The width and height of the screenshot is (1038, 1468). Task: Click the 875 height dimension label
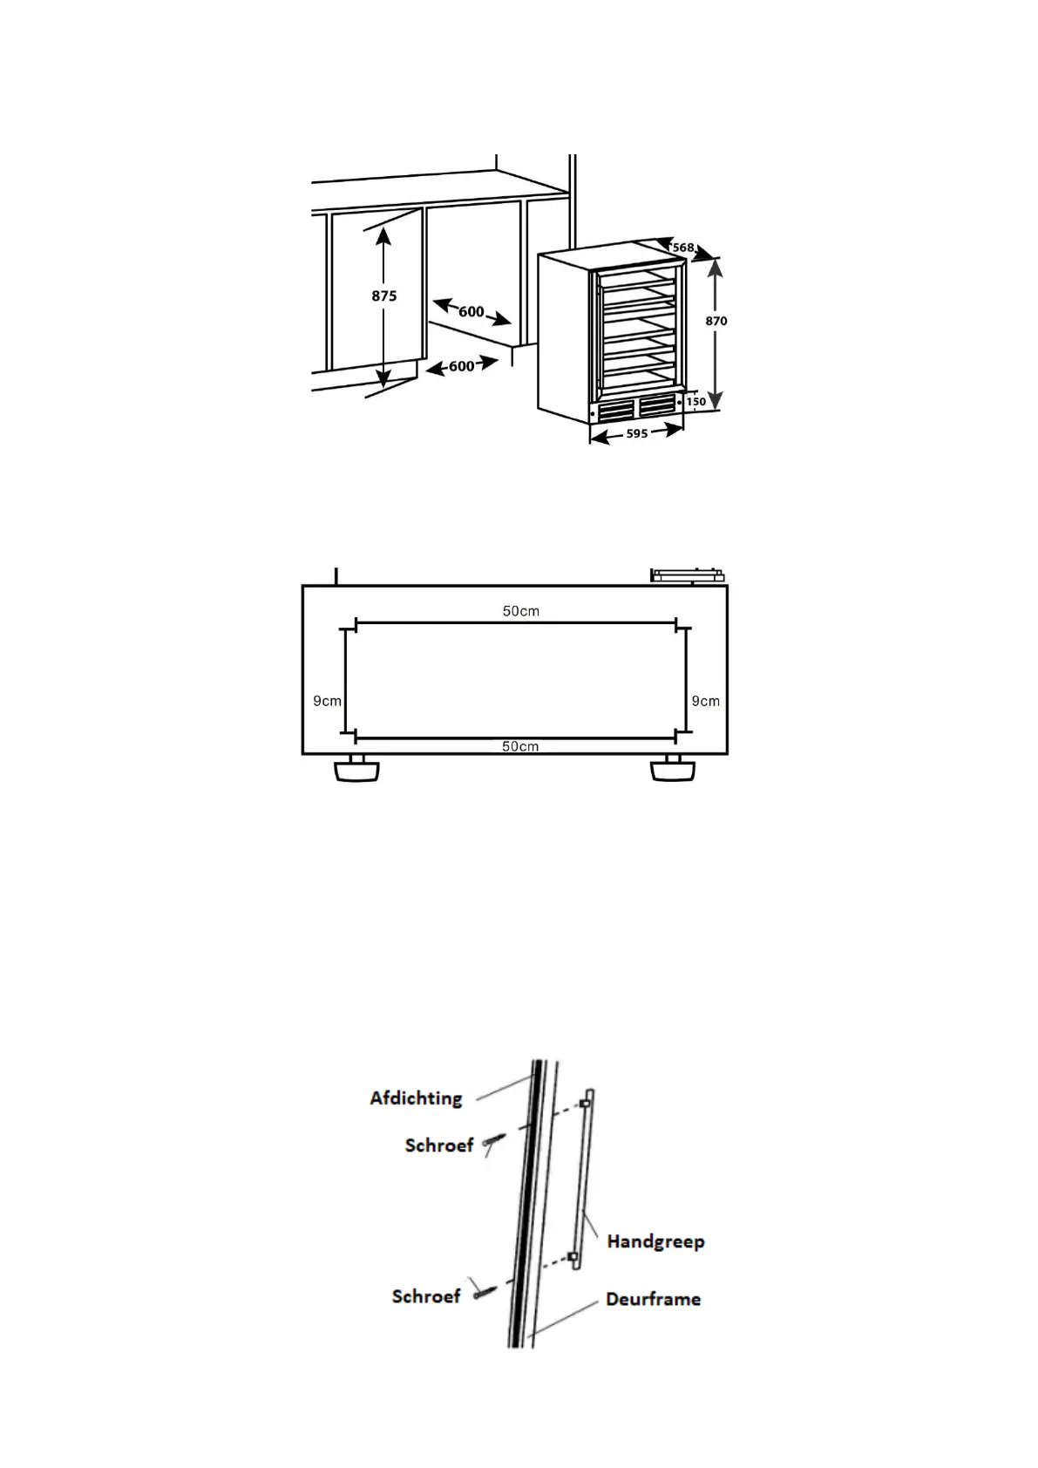(384, 296)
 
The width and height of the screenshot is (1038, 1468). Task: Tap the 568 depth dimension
(683, 248)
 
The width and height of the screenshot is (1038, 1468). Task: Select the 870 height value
(716, 321)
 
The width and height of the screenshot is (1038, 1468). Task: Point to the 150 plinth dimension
(695, 402)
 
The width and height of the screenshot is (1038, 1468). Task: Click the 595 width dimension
(637, 433)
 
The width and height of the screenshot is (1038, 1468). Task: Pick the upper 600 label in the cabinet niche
(471, 311)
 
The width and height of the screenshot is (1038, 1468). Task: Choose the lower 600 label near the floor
(461, 366)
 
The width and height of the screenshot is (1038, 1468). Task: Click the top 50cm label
(520, 611)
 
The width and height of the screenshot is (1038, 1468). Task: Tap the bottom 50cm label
(520, 746)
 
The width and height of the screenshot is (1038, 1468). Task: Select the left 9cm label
(327, 701)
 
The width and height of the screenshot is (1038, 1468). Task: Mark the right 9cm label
(706, 701)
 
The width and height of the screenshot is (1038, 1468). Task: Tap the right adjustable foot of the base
(673, 769)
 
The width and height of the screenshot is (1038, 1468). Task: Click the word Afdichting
(416, 1098)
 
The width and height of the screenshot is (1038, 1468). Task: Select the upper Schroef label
(439, 1145)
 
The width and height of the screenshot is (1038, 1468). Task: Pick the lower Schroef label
(426, 1296)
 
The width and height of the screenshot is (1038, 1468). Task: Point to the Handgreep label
(655, 1240)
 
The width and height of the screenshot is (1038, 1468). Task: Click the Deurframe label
(653, 1299)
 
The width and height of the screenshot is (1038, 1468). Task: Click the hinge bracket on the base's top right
(688, 574)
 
